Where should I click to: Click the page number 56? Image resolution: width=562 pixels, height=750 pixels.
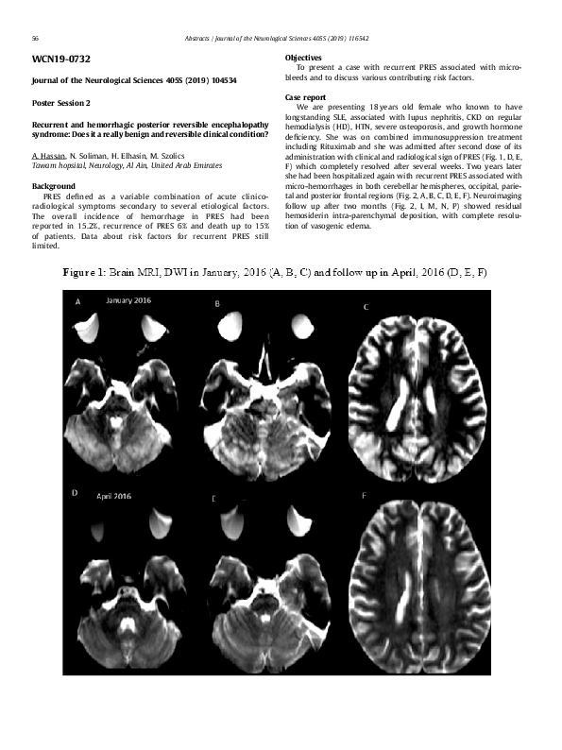(x=35, y=39)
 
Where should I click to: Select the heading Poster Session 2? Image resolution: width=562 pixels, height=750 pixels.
(x=61, y=103)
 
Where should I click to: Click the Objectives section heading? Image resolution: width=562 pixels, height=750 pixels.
(x=303, y=59)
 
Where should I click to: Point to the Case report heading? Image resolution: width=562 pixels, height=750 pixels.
(x=305, y=97)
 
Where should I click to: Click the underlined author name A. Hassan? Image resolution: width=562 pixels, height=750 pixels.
(x=48, y=155)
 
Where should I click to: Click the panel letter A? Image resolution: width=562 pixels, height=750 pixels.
(x=77, y=301)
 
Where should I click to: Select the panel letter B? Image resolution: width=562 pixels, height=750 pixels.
(x=217, y=303)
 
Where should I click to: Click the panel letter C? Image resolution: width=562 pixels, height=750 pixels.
(x=366, y=307)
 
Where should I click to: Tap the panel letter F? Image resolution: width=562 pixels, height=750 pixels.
(x=365, y=496)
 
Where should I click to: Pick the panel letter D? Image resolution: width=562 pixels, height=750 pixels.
(x=76, y=494)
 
